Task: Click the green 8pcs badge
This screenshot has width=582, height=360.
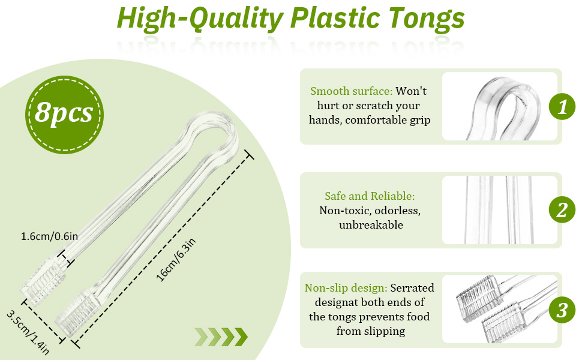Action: click(x=64, y=112)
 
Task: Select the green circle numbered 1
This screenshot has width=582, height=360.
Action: click(x=562, y=107)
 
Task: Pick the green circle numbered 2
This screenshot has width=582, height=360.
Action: click(x=562, y=210)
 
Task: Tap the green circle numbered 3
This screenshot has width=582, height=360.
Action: click(x=562, y=310)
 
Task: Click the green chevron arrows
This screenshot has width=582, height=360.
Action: click(x=221, y=337)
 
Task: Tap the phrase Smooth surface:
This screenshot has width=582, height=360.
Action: click(x=352, y=91)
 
